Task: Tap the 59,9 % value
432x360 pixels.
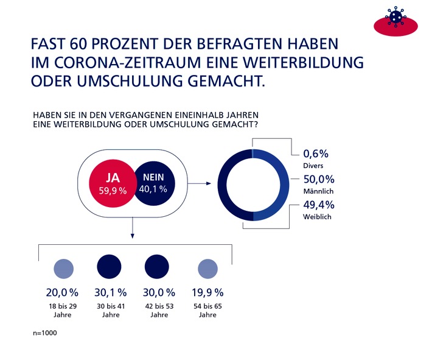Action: click(113, 191)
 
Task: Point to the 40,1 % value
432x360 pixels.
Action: click(155, 189)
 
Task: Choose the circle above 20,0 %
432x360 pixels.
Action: click(63, 269)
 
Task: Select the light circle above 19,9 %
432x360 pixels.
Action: click(207, 269)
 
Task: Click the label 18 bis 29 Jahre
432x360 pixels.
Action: click(63, 311)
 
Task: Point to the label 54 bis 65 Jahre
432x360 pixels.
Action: click(207, 311)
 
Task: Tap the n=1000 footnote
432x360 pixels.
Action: click(46, 334)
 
